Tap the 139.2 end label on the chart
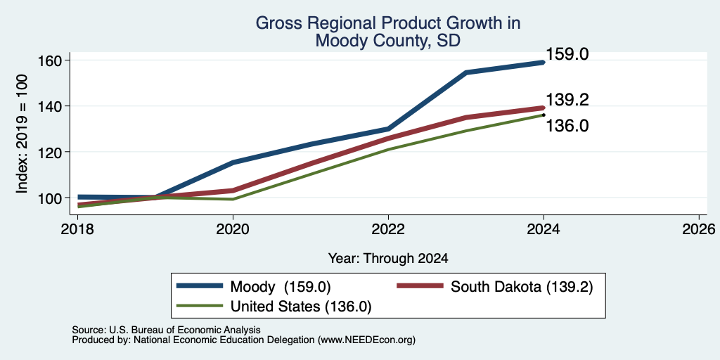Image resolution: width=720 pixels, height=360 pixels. [x=567, y=100]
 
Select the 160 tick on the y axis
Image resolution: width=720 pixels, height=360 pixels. [x=50, y=60]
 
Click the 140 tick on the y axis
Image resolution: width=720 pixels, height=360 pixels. [x=50, y=106]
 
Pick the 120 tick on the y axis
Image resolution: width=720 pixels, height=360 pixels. [x=50, y=152]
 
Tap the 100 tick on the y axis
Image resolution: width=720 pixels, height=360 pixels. [x=50, y=198]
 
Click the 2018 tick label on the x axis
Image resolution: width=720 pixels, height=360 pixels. [x=77, y=229]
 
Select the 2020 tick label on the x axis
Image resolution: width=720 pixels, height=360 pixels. [x=233, y=229]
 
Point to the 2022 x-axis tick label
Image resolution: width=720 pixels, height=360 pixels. [x=388, y=229]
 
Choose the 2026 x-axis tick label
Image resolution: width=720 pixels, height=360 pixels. [x=699, y=229]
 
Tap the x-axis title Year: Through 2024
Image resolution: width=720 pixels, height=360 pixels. [x=388, y=259]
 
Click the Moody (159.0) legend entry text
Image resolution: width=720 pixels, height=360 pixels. [x=281, y=287]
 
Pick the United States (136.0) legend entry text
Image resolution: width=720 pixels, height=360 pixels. [x=301, y=307]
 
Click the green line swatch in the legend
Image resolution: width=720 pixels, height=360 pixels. [x=200, y=305]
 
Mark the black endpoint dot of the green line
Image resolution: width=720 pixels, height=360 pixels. [x=544, y=115]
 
